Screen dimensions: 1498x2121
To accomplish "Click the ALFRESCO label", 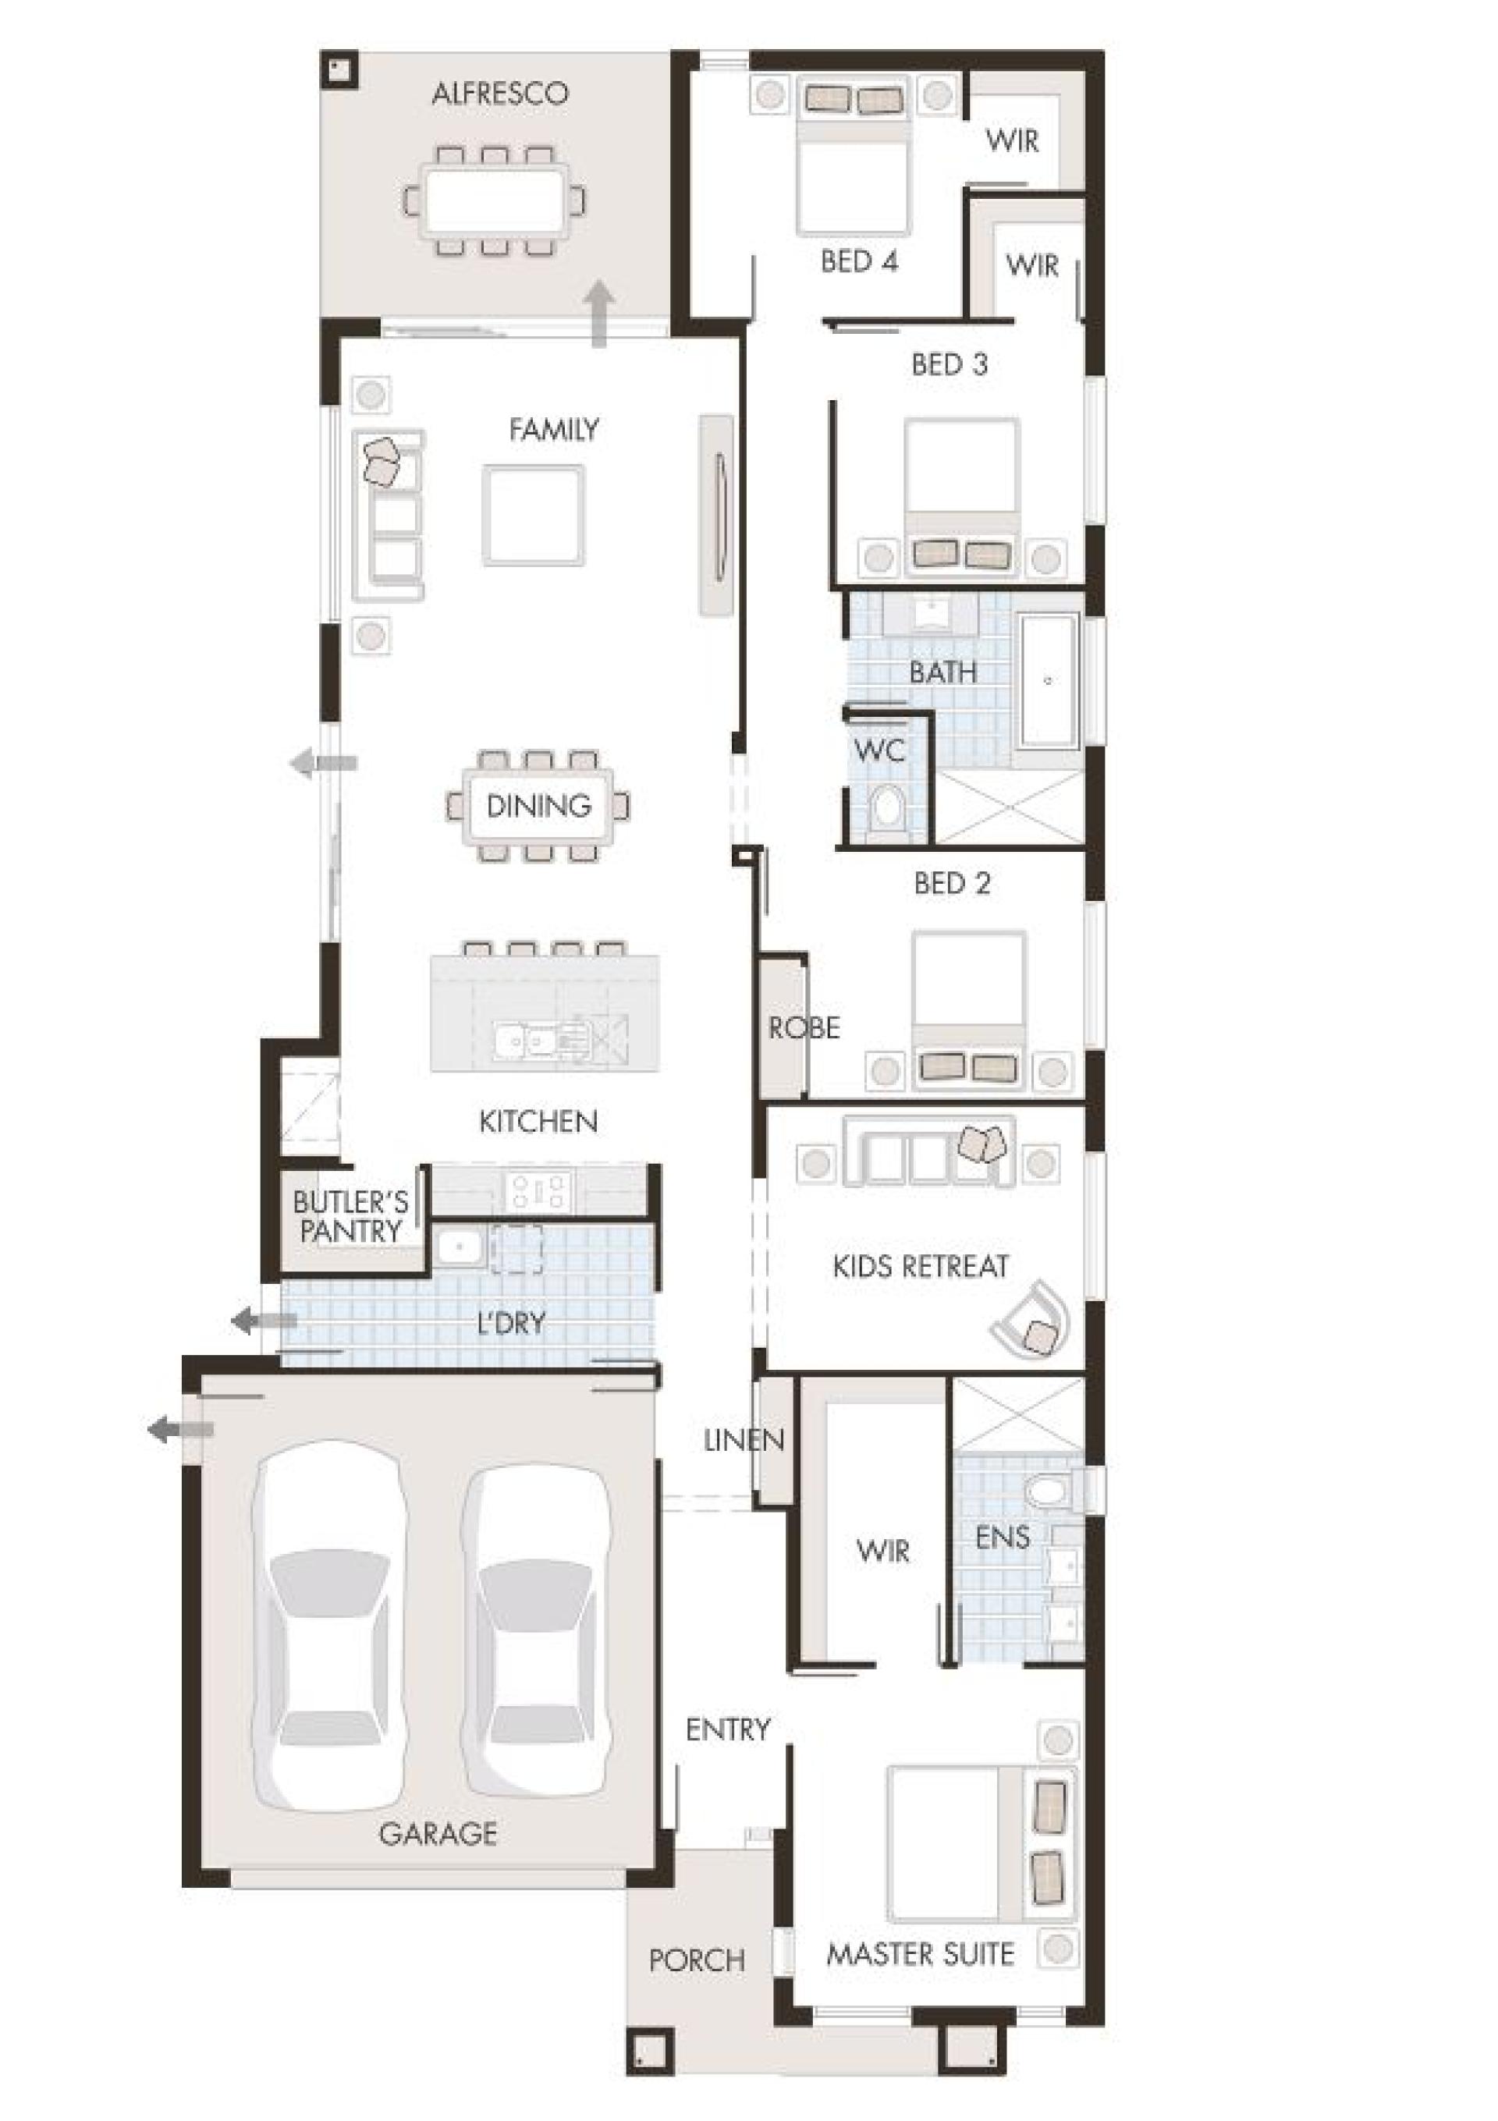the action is click(x=499, y=94).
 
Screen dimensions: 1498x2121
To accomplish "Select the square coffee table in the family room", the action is click(x=533, y=515).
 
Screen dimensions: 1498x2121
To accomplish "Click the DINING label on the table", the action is click(x=539, y=806).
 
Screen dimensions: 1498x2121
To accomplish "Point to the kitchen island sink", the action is click(x=522, y=1041).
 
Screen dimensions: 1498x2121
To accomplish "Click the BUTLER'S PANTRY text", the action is click(x=350, y=1217).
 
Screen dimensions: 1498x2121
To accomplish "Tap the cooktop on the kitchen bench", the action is click(x=540, y=1190).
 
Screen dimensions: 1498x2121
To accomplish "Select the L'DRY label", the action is click(x=511, y=1324).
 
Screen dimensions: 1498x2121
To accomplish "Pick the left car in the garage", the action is click(x=331, y=1626).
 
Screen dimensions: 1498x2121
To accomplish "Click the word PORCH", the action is click(x=697, y=1960).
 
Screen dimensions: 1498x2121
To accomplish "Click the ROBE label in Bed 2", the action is click(x=804, y=1027).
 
